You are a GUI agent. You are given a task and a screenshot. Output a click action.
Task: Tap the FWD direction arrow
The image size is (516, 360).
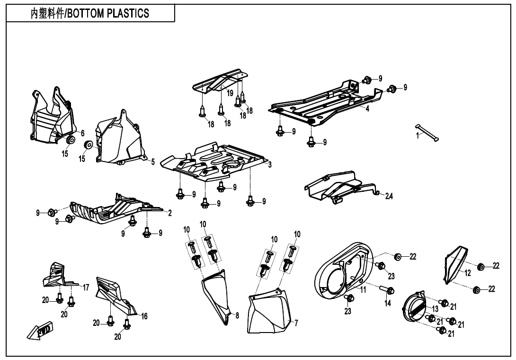coord(40,330)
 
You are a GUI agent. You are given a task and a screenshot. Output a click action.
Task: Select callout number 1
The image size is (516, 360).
coord(418,135)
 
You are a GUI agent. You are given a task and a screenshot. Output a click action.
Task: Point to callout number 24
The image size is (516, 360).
coord(389,196)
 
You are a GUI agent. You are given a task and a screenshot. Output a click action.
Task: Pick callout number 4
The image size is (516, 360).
coord(367,108)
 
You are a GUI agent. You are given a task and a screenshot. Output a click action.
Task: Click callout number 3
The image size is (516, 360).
coord(270,165)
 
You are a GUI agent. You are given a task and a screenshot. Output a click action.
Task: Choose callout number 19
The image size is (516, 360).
coord(230,93)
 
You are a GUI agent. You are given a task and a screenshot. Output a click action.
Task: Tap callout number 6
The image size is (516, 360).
coord(82,133)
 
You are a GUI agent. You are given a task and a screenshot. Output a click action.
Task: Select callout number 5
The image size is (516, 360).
coord(153,162)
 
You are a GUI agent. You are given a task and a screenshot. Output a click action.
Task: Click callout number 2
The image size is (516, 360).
coord(169,213)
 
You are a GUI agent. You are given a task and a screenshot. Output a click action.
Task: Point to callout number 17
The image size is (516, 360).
coord(86,287)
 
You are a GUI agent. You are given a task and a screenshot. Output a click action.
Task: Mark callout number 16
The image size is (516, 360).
coord(144,316)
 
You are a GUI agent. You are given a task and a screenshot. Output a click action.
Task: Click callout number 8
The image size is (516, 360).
coord(237,315)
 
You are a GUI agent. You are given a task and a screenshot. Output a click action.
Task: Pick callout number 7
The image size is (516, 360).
coord(296,323)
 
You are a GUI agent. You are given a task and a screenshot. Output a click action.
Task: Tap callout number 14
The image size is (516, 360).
coord(388,303)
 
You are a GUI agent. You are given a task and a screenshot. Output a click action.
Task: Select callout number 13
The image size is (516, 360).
coord(435,309)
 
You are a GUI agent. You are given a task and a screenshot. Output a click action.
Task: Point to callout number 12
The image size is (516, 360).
coord(467,273)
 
